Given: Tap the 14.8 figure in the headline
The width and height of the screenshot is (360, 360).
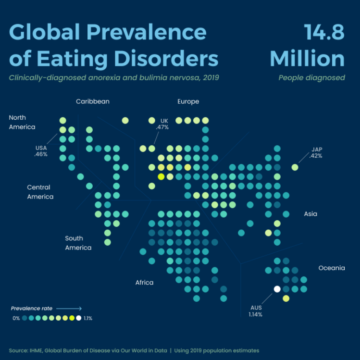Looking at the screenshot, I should pos(324,32).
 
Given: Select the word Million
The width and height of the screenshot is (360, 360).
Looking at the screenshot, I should pos(307,59).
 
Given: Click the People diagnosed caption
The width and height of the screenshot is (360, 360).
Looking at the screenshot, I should pos(311,77).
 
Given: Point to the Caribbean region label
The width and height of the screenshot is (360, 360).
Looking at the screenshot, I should pos(92,101).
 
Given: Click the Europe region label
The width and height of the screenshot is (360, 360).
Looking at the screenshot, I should pos(188,101).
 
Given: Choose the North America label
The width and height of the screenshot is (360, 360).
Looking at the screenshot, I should pos(22,122).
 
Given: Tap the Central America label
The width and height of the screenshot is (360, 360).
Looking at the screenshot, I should pos(40,192).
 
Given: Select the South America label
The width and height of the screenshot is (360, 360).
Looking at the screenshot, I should pos(78,243).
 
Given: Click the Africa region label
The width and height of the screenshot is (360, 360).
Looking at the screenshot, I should pos(144,282).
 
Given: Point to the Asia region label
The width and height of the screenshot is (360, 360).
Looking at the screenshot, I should pos(310,213).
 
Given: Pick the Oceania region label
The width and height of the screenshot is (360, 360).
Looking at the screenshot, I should pos(332,268).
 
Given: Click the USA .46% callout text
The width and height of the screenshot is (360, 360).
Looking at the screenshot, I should pos(41,151).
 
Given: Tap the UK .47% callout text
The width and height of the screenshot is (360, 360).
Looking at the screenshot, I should pos(162,124).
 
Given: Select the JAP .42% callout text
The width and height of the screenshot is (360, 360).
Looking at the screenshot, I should pos(316,152).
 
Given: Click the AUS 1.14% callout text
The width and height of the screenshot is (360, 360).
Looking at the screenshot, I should pos(256,310).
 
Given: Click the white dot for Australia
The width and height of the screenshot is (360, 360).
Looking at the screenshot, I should pos(277,289).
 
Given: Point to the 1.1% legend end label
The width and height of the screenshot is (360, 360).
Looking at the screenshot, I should pos(87,318).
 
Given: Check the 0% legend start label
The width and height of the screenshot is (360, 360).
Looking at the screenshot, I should pos(16,318).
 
